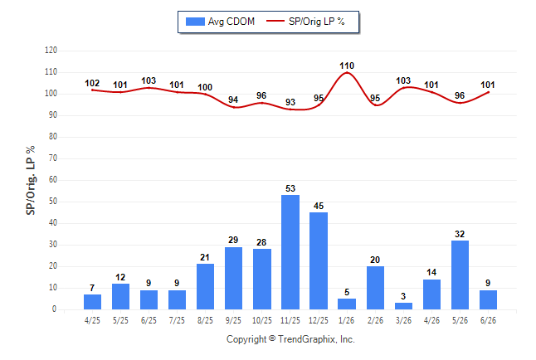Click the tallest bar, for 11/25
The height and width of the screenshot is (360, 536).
290,252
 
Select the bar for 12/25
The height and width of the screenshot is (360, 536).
319,260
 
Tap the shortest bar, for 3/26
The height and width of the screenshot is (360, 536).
403,306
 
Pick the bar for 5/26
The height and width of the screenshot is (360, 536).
460,275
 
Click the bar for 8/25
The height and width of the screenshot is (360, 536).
205,286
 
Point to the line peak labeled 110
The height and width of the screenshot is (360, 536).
347,72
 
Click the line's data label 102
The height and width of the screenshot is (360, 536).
92,83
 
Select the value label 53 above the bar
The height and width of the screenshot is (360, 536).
290,188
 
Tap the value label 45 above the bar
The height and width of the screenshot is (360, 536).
319,206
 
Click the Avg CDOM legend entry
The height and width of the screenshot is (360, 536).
220,22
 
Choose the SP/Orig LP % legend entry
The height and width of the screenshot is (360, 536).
305,22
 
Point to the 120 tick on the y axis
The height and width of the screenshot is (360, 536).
51,51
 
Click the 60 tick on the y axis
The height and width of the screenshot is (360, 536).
53,180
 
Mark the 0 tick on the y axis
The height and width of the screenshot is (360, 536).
55,309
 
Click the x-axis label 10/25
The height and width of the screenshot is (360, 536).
262,320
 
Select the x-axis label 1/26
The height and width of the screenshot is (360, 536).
347,320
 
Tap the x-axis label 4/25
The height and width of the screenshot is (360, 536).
92,320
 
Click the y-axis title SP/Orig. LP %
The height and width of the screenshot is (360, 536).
31,181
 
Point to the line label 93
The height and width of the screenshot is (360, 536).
290,102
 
